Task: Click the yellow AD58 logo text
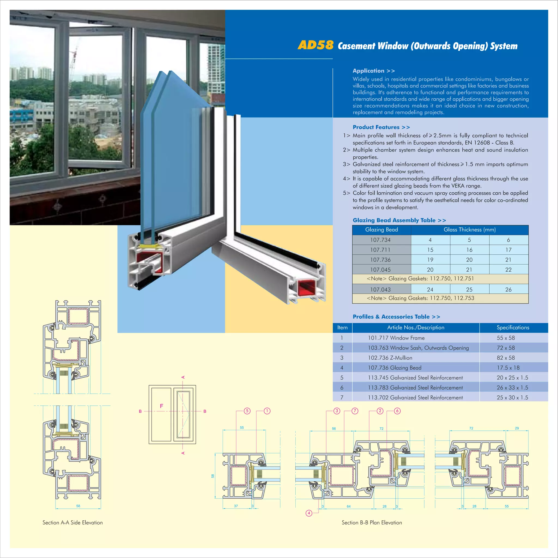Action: [x=316, y=45]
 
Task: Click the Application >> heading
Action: [x=374, y=71]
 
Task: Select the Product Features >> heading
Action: [x=381, y=127]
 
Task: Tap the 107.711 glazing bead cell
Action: [x=380, y=250]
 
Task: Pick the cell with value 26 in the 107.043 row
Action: [x=508, y=289]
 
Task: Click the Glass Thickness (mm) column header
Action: [x=469, y=230]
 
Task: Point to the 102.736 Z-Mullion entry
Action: [x=390, y=357]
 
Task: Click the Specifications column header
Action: [x=513, y=327]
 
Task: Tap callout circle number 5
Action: [x=247, y=411]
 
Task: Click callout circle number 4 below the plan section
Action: [x=309, y=513]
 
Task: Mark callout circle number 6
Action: [x=397, y=411]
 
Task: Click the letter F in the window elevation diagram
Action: [x=162, y=406]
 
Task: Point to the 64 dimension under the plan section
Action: [x=348, y=506]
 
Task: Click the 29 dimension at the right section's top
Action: [x=517, y=428]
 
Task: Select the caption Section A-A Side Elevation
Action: [x=72, y=523]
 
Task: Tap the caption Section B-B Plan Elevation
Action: [x=372, y=523]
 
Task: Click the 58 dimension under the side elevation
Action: [x=78, y=506]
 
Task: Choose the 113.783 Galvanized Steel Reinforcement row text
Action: [x=415, y=388]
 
